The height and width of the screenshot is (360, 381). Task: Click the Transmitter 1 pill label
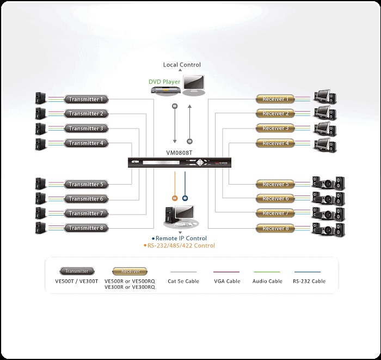[87, 99]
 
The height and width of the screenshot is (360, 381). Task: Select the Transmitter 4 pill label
[87, 143]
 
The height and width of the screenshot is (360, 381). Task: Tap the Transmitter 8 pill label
[87, 228]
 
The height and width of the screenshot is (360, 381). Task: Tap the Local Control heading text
[182, 65]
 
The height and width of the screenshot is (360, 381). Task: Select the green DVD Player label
[164, 82]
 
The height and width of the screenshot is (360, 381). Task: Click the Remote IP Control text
[181, 239]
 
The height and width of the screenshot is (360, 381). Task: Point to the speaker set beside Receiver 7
[328, 212]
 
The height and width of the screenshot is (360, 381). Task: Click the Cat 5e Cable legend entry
[184, 281]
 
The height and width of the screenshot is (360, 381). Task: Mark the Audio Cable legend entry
[267, 281]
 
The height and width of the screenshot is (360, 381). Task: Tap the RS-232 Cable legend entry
[309, 281]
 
